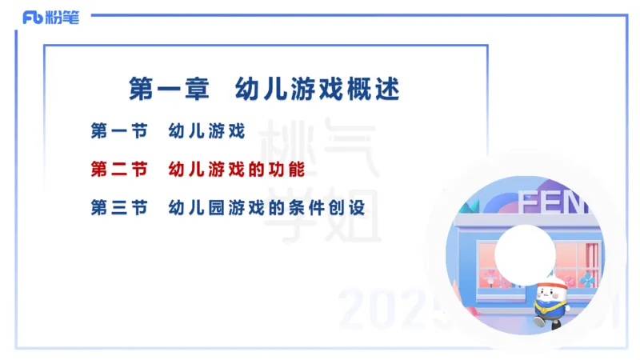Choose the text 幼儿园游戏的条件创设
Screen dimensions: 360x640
(266, 208)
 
